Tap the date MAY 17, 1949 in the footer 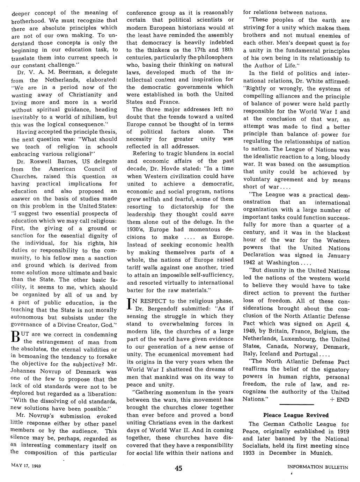tap(26, 465)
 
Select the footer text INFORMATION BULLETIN tap(317, 467)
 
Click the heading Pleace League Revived tap(296, 415)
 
